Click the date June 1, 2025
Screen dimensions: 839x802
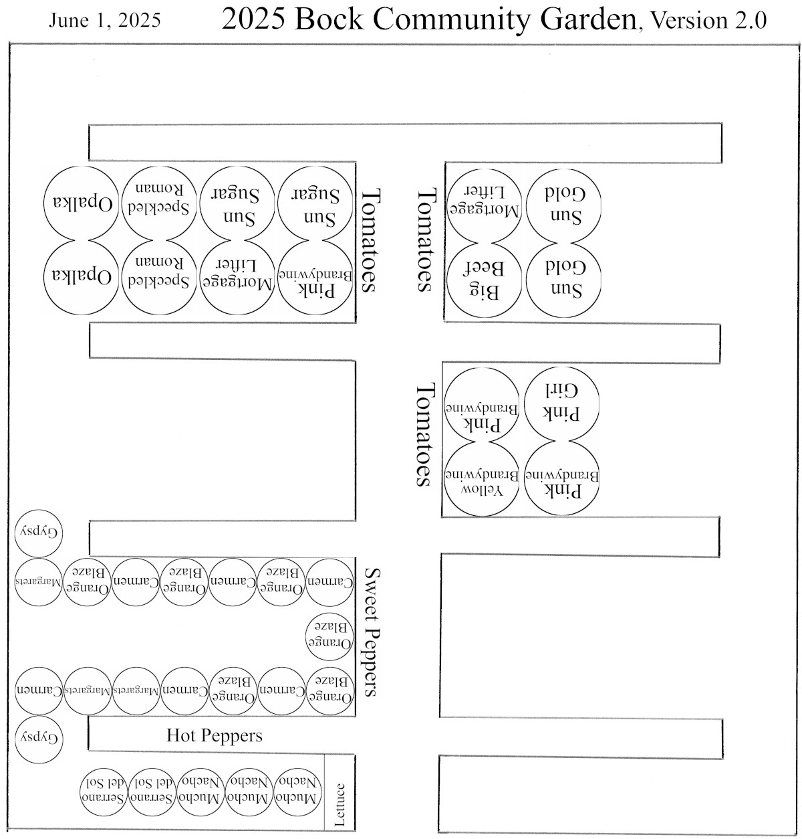104,21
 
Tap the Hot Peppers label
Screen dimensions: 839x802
215,736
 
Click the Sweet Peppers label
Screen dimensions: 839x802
372,633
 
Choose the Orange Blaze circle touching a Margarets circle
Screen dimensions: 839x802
88,581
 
